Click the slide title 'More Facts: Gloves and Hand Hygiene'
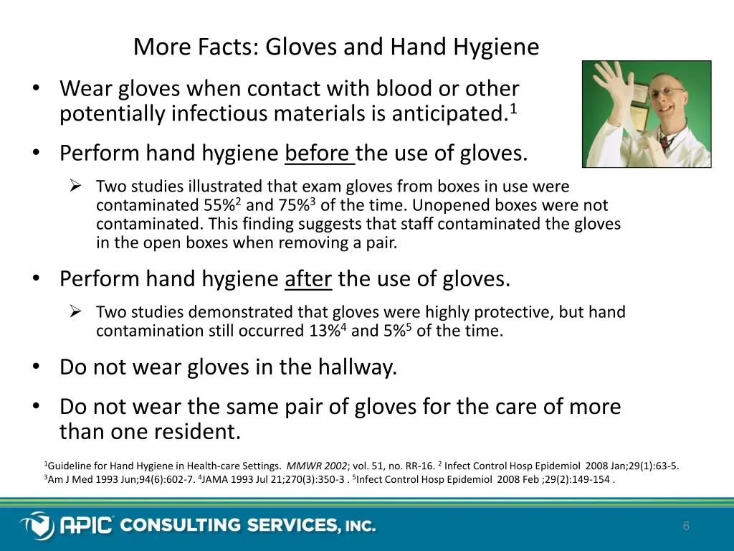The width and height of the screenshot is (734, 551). [335, 47]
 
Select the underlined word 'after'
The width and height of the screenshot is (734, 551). [308, 278]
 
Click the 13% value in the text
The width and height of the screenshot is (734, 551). [325, 331]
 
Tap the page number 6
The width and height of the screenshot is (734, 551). [686, 527]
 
